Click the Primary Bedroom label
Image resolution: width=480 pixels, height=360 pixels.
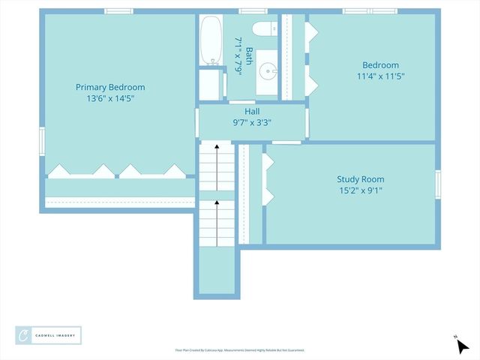click(x=110, y=87)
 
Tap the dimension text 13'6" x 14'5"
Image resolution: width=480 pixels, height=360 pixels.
click(x=110, y=98)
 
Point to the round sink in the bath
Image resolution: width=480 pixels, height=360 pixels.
click(x=267, y=72)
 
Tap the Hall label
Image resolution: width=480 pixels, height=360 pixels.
click(x=252, y=110)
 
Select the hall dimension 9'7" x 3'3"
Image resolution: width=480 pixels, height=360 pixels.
click(x=252, y=122)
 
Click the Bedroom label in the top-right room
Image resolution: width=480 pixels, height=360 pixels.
click(x=381, y=65)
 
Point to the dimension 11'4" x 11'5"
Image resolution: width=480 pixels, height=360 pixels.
click(x=381, y=76)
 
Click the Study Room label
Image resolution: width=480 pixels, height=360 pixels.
click(x=360, y=179)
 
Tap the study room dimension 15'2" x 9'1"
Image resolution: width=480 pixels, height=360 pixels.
click(x=360, y=190)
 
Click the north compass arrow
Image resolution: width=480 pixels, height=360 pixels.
click(x=461, y=345)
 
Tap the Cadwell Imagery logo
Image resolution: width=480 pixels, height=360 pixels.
click(x=49, y=335)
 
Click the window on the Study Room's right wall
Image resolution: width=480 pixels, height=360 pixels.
click(x=437, y=184)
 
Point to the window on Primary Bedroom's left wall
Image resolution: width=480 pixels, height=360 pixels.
click(x=42, y=139)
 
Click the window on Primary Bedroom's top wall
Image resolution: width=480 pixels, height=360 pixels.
click(x=119, y=11)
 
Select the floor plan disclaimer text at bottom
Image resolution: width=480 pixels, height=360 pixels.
click(x=240, y=350)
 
